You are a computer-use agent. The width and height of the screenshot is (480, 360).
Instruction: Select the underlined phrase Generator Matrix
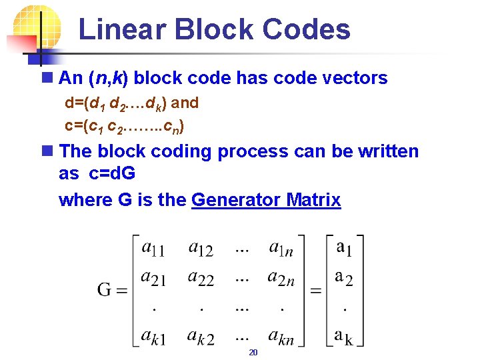click(266, 200)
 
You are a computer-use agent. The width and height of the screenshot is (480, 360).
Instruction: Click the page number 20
click(253, 352)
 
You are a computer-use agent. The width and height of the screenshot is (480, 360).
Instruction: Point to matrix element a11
click(154, 249)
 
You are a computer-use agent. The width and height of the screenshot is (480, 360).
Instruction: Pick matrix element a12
click(201, 249)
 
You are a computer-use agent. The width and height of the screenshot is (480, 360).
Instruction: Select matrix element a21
click(154, 279)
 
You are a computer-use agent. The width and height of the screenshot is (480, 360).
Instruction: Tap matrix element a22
click(201, 279)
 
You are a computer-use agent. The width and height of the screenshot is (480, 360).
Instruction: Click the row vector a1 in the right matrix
click(344, 249)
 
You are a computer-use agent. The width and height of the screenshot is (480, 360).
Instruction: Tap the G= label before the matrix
click(112, 290)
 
